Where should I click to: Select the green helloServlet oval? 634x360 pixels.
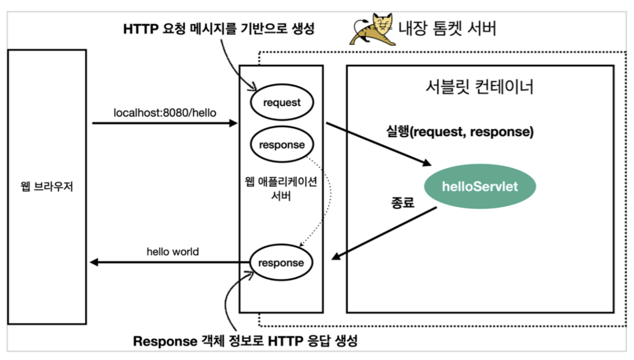(480, 186)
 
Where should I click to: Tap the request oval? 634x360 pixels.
(281, 103)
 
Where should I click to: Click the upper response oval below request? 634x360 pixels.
(281, 145)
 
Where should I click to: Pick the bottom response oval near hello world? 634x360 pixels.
(281, 263)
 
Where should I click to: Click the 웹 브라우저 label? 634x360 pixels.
(47, 186)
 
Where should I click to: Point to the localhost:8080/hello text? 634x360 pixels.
(165, 112)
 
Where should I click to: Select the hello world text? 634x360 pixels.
(173, 252)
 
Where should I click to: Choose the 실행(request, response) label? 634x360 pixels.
(460, 132)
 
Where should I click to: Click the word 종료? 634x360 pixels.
(401, 203)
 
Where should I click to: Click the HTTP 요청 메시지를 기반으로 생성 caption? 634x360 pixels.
(219, 28)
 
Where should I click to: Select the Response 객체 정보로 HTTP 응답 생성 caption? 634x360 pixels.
(245, 341)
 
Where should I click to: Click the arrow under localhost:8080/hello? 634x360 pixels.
(165, 123)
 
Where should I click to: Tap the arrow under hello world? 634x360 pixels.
(170, 263)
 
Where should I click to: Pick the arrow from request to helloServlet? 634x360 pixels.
(378, 144)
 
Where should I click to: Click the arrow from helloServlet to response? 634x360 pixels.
(384, 233)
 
